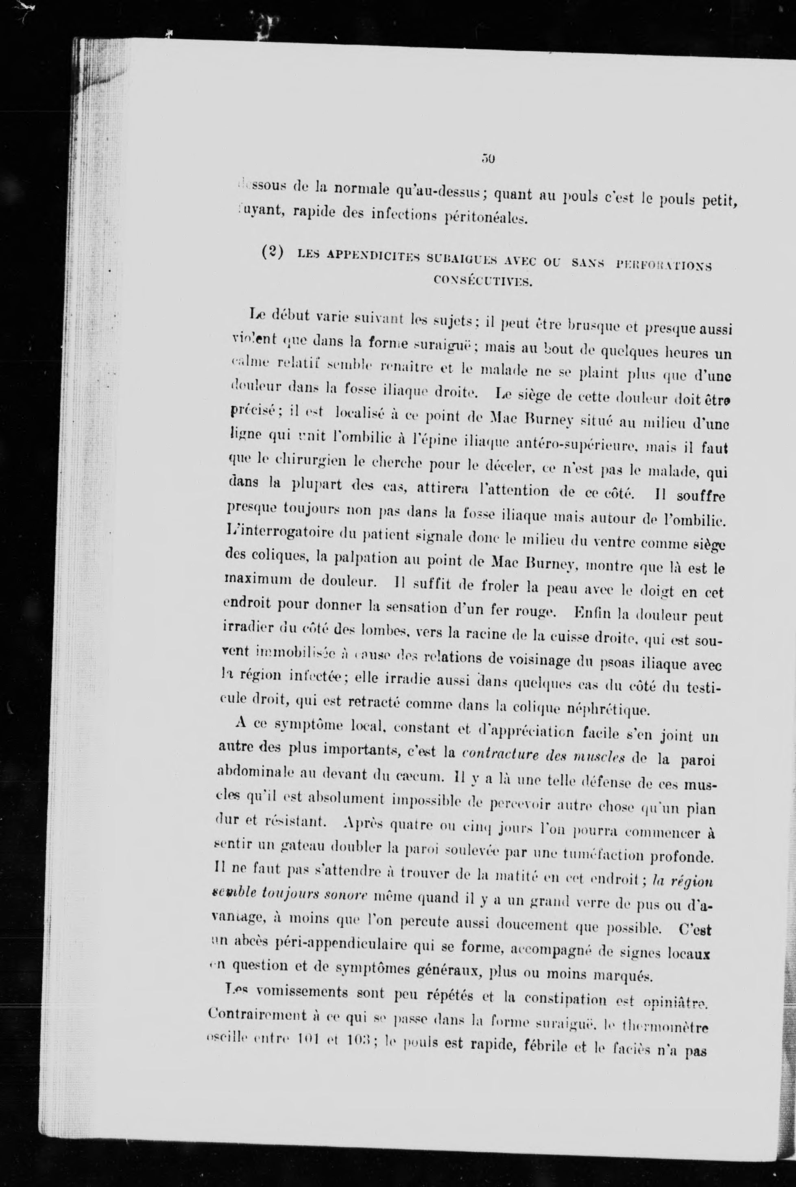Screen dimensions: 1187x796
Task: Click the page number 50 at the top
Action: coord(489,159)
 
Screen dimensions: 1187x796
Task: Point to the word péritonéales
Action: coord(487,219)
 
